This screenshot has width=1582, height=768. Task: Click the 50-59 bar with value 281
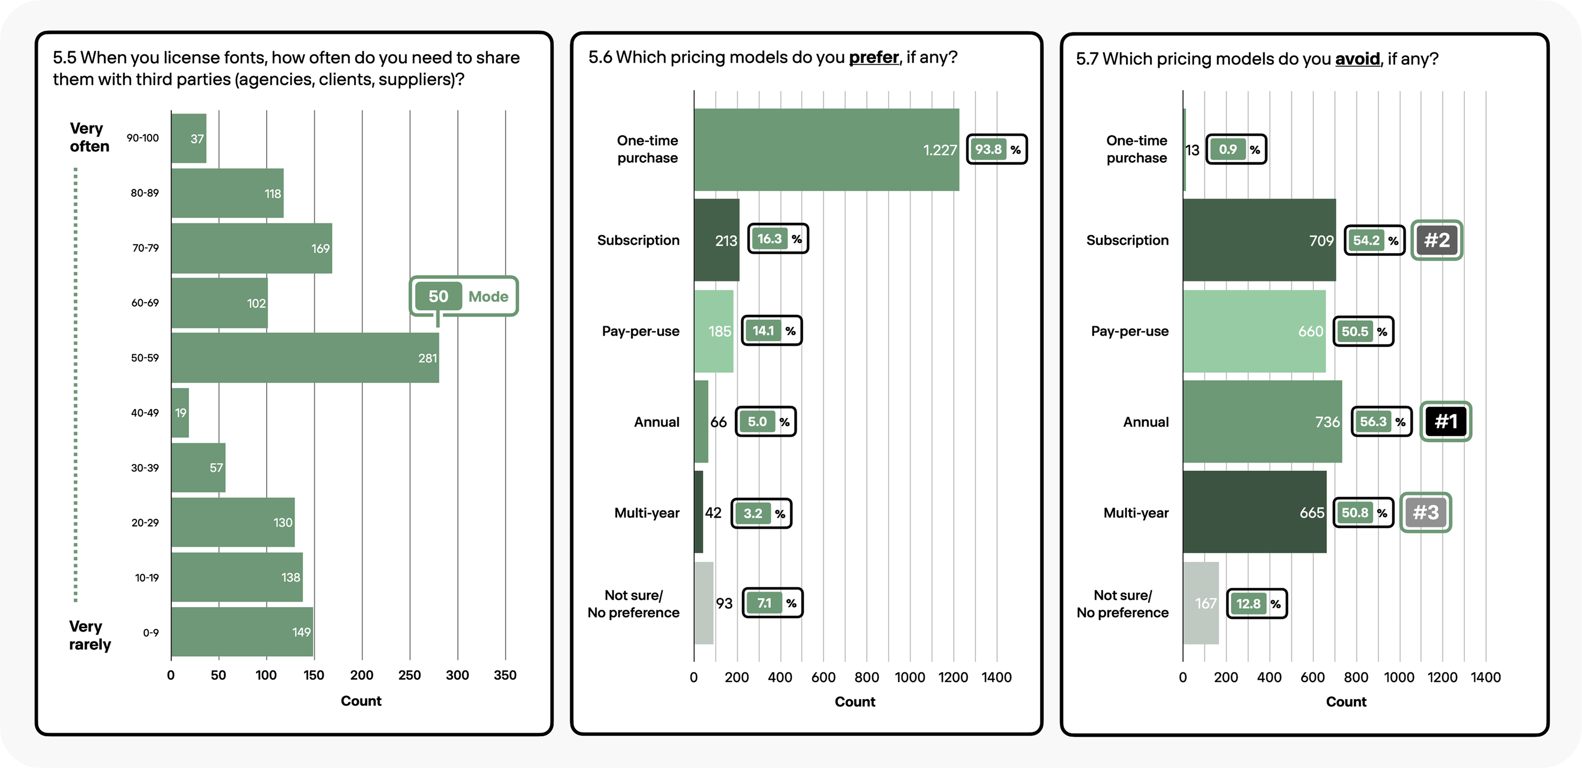click(x=305, y=358)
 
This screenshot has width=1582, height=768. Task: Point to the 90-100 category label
click(x=142, y=138)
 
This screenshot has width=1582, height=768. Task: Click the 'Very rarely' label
click(x=90, y=635)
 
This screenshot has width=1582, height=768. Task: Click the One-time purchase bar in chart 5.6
click(x=826, y=150)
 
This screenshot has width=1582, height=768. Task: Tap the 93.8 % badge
click(x=997, y=149)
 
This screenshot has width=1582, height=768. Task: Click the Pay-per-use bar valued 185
click(x=714, y=331)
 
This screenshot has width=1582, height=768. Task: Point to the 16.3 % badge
click(x=778, y=239)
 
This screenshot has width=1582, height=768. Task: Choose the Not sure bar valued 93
click(x=704, y=603)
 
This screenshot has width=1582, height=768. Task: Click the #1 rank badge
click(x=1446, y=421)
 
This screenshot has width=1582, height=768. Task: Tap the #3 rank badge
click(x=1425, y=512)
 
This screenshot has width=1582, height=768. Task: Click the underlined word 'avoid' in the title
click(x=1357, y=59)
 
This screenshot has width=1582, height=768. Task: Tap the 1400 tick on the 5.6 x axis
click(x=997, y=677)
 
